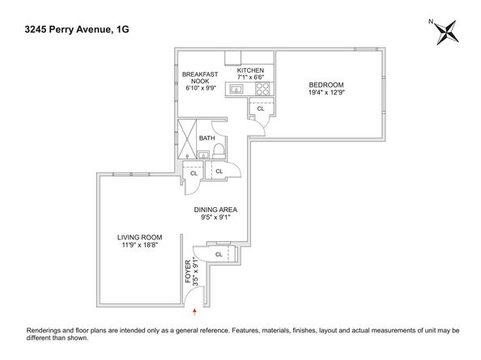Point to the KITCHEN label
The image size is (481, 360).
click(250, 71)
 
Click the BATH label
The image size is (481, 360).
click(206, 138)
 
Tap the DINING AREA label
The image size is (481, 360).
click(221, 209)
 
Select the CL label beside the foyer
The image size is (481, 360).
click(219, 255)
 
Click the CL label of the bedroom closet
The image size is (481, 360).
click(261, 108)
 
